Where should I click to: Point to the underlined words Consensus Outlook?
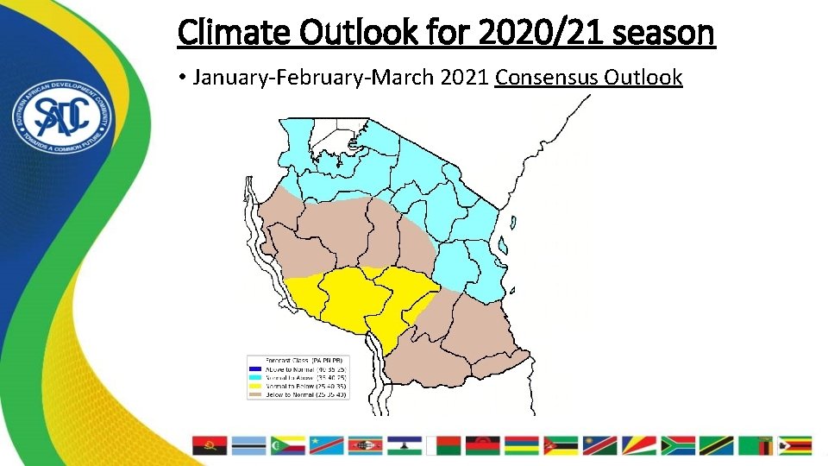click(x=588, y=78)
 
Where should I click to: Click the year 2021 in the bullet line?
click(x=464, y=78)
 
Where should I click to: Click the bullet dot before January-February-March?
click(x=183, y=79)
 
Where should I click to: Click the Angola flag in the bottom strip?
click(x=209, y=445)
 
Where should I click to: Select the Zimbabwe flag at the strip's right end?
click(x=794, y=445)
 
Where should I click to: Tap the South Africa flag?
click(x=677, y=445)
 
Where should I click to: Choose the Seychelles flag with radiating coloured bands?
click(x=638, y=445)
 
